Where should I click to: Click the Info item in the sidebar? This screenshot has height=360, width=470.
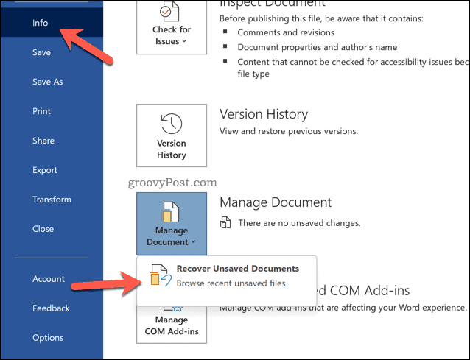[40, 23]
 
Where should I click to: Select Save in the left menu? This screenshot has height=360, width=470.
[41, 52]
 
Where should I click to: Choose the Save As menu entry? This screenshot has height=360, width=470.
[47, 82]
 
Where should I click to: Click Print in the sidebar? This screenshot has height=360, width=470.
[41, 111]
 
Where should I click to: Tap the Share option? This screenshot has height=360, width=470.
[43, 141]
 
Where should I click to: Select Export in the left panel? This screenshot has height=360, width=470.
[45, 170]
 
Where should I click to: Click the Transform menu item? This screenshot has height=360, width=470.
[52, 200]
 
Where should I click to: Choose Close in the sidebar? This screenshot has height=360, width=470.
[43, 229]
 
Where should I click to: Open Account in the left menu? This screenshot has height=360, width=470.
[49, 279]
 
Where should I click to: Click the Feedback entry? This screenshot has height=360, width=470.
[51, 308]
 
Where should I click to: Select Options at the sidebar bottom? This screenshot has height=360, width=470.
[48, 338]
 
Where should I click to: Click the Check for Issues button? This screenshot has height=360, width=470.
[172, 26]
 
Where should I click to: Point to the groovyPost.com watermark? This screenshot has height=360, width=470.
[176, 181]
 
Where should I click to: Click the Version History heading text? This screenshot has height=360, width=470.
[263, 114]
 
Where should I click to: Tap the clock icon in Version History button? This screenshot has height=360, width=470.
[172, 122]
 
